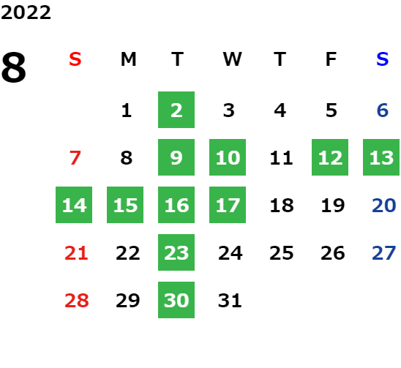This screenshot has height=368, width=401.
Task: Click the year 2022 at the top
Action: [x=26, y=12]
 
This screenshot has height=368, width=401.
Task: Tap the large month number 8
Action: [x=14, y=67]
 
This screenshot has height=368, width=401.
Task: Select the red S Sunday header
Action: [x=75, y=59]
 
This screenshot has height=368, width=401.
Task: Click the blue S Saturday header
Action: [x=382, y=59]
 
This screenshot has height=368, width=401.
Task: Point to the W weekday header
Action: [x=232, y=59]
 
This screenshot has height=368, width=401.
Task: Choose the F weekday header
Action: [x=331, y=59]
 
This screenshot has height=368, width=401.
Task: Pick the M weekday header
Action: [x=128, y=59]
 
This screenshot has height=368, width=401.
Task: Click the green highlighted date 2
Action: [x=176, y=110]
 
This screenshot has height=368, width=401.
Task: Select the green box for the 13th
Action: [x=381, y=157]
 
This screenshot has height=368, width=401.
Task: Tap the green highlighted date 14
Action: [x=74, y=205]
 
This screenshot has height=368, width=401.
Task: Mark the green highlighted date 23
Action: [x=176, y=252]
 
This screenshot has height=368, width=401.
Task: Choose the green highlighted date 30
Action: [x=176, y=300]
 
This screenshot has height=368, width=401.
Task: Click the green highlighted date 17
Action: [x=228, y=205]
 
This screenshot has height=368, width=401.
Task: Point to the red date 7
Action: [x=75, y=157]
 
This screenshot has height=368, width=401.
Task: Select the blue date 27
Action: [x=384, y=253]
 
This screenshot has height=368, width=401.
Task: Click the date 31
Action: [x=230, y=300]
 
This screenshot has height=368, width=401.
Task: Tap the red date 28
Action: [x=77, y=300]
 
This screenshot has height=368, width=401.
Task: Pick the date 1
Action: [x=127, y=110]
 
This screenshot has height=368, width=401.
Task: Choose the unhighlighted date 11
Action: [x=281, y=157]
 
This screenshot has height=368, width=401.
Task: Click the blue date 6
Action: [x=383, y=110]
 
